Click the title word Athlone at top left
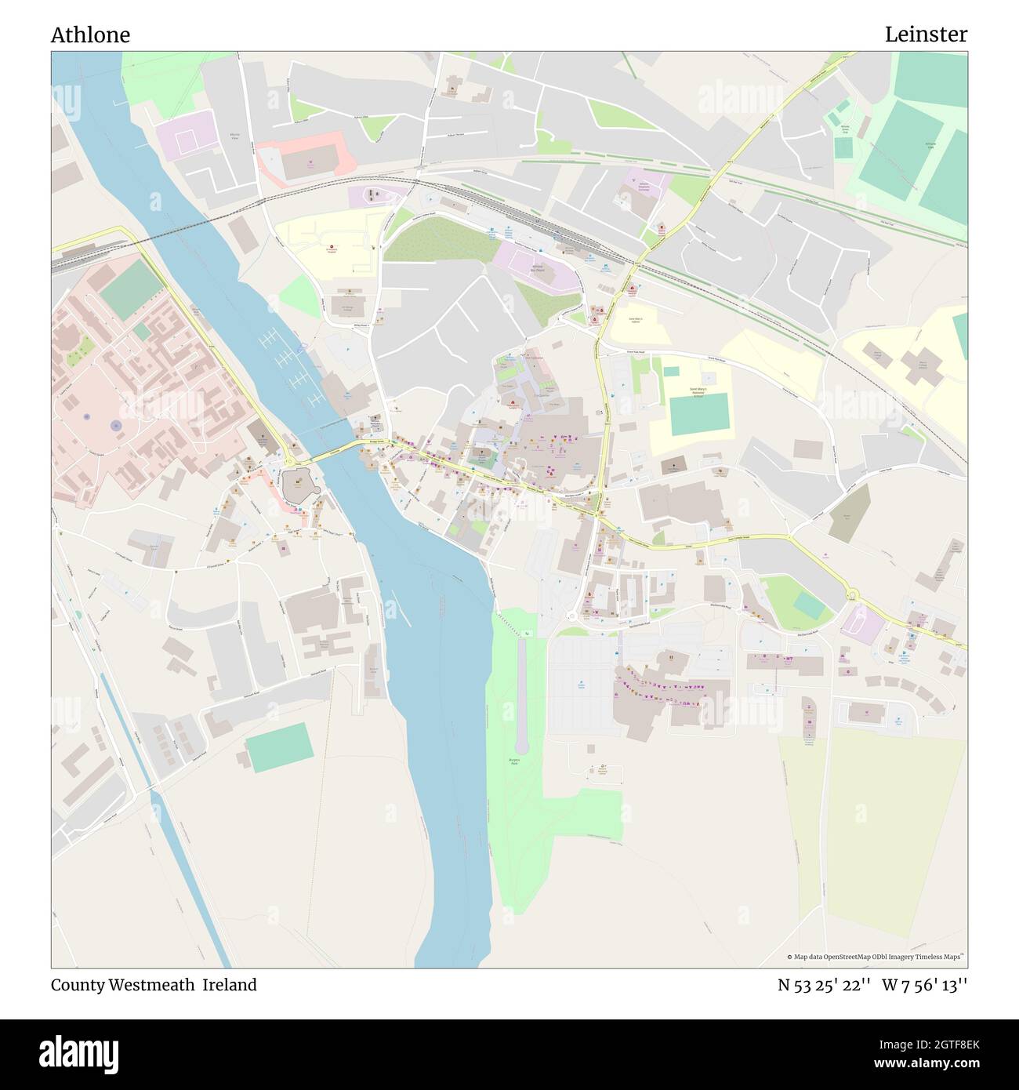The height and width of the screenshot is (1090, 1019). tap(90, 35)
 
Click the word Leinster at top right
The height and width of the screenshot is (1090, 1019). tap(926, 35)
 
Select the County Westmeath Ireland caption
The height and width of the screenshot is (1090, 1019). tap(154, 985)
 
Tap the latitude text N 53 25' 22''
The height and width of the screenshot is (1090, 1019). tap(824, 985)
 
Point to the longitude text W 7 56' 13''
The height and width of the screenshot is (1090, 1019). tap(924, 985)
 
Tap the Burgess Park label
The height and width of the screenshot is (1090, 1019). tap(514, 761)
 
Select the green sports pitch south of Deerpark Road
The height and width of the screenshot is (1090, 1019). tap(279, 745)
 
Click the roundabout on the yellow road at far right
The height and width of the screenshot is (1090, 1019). tap(852, 597)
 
